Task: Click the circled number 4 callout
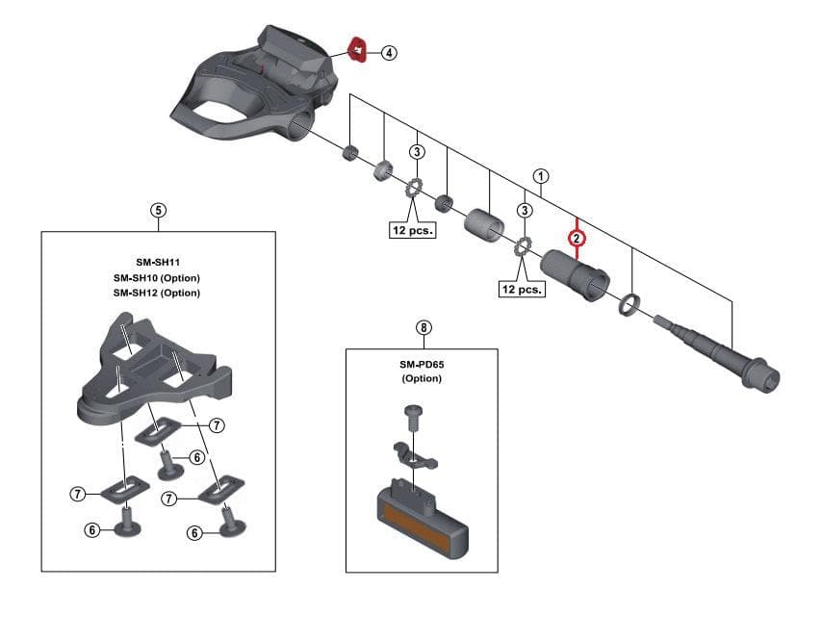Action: pos(389,52)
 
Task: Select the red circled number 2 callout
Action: pos(576,237)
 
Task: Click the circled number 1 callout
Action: pos(542,177)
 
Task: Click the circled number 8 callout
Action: pos(423,327)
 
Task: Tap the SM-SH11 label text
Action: pos(157,263)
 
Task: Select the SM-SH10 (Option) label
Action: pos(157,278)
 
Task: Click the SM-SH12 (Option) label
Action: pos(157,293)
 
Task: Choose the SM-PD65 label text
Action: pos(422,364)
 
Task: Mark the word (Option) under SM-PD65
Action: pos(422,378)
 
